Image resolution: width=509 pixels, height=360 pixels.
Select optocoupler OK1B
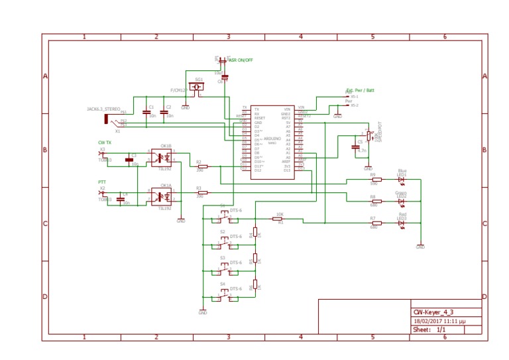click(162, 158)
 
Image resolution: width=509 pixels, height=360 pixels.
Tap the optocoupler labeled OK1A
click(162, 196)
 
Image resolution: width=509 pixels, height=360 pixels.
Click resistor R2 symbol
click(202, 166)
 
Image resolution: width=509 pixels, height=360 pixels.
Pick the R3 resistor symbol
click(202, 192)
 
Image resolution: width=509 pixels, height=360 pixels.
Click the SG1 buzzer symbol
click(197, 87)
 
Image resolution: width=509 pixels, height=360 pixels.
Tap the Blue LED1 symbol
click(401, 179)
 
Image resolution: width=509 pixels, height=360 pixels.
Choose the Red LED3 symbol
click(401, 223)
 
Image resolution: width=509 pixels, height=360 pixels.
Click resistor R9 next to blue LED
click(376, 179)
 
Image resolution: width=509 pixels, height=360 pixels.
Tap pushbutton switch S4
click(225, 294)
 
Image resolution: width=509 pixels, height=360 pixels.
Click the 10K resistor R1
click(278, 217)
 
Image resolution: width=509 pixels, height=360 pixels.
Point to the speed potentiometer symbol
click(368, 135)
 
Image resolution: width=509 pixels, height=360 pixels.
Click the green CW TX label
click(105, 143)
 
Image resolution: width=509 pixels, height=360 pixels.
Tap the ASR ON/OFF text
click(241, 60)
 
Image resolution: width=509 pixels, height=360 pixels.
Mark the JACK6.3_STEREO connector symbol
click(107, 119)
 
